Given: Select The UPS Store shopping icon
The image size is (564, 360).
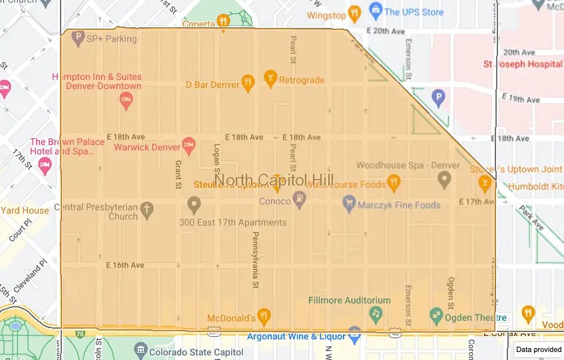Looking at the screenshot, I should tap(375, 11).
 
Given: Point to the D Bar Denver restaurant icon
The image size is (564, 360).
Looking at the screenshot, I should tap(248, 83).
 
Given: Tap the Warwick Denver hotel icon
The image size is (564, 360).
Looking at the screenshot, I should tap(188, 144).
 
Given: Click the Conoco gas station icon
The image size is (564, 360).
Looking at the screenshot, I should tap(300, 198).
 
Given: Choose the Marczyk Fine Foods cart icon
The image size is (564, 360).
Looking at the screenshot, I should tap(348, 202).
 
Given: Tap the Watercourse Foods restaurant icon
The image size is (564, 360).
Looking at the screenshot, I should tap(394, 181).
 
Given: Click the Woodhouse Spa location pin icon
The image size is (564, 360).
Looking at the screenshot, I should tap(444, 179).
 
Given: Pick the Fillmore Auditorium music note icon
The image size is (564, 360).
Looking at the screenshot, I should tap(376, 313).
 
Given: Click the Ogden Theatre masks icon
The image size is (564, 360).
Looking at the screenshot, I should tap(436, 313).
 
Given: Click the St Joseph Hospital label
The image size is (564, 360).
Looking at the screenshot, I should tap(523, 64).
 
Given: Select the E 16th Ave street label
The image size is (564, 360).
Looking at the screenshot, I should tap(125, 265).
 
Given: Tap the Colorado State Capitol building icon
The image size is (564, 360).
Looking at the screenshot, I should tap(140, 349).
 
